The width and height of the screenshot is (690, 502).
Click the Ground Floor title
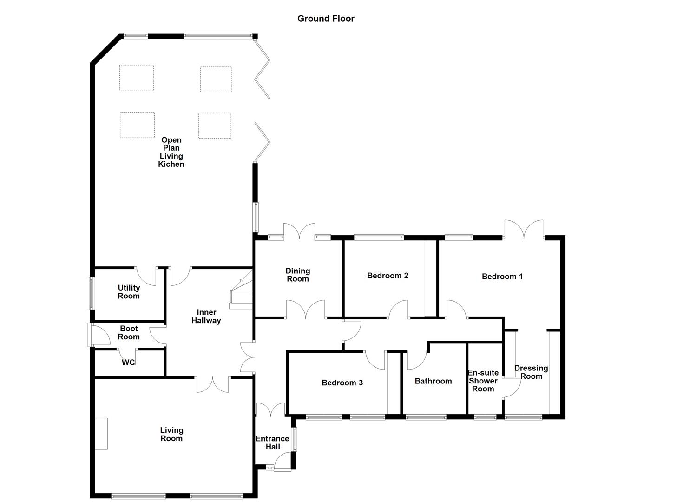(326, 19)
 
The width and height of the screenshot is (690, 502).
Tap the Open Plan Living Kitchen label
(171, 152)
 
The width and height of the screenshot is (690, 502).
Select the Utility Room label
(129, 292)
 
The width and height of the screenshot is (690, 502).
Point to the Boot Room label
(129, 333)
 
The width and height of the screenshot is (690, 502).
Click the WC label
(128, 362)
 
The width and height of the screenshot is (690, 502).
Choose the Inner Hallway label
(206, 317)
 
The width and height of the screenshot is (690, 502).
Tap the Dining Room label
(297, 275)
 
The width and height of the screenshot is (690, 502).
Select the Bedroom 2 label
(388, 276)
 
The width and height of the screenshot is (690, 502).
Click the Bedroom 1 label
(502, 277)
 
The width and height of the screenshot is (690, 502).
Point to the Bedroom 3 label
(342, 383)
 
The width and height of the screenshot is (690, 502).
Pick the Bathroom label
(433, 381)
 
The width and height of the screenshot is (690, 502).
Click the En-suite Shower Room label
(483, 381)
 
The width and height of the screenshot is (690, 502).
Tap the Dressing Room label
(531, 372)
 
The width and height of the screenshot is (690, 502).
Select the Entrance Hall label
(272, 443)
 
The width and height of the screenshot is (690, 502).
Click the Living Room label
(171, 435)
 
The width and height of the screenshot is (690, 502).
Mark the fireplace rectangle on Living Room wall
(101, 434)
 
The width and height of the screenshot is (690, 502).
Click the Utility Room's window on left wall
(92, 293)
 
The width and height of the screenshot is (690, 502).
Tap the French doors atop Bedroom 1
(524, 230)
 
